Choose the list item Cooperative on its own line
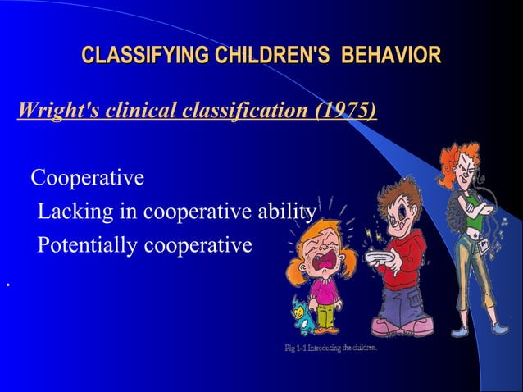(x=87, y=178)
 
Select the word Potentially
(x=87, y=246)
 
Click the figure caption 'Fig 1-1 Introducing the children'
(x=330, y=349)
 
